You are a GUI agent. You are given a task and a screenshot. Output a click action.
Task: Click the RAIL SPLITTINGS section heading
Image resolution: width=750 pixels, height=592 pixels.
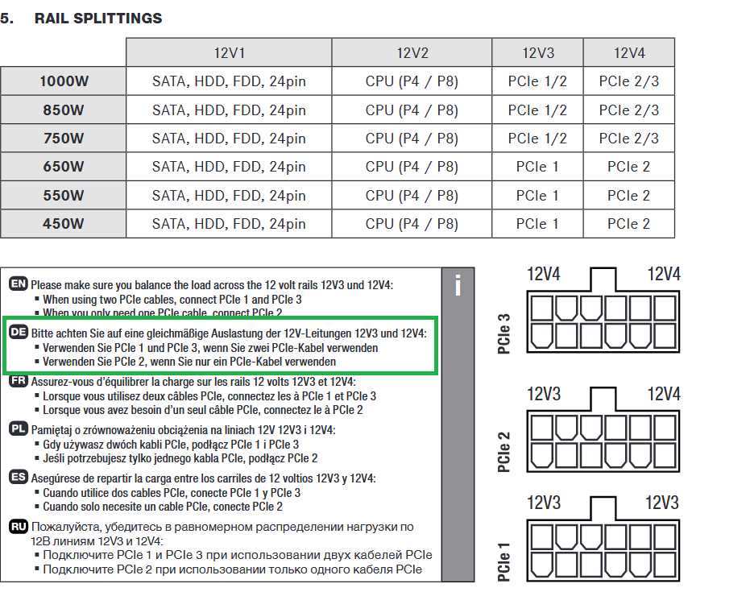point(97,18)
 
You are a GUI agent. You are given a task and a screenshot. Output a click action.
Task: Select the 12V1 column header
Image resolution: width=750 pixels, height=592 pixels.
point(229,53)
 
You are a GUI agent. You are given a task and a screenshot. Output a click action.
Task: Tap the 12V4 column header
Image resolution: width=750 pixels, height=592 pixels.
point(628,53)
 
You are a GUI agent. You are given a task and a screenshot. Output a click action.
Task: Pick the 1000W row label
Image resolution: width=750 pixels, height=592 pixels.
point(63,81)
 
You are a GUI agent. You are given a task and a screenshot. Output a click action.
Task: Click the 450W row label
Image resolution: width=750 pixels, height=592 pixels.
point(63,224)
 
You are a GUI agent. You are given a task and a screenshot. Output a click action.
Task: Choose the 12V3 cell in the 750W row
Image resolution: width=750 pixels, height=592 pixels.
point(537,139)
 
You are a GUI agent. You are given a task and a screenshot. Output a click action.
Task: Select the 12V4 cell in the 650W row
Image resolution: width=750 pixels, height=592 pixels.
point(628,167)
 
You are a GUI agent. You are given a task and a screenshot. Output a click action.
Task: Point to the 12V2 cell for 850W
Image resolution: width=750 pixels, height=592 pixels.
point(412,110)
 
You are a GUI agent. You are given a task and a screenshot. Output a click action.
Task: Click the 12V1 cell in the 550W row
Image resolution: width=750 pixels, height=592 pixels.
point(229,196)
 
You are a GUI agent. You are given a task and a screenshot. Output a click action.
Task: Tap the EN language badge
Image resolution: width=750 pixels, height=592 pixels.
point(19,284)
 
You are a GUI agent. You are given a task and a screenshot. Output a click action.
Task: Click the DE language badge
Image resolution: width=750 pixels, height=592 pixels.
point(19,332)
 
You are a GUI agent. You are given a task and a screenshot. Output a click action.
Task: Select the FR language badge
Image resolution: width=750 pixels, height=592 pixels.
point(19,381)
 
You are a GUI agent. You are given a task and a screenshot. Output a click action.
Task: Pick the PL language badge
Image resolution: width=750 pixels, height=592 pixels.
point(19,429)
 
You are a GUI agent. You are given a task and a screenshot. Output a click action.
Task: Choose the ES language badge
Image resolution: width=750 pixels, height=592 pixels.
point(19,478)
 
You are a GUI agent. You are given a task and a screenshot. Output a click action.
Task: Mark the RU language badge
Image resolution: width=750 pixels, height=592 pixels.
point(19,526)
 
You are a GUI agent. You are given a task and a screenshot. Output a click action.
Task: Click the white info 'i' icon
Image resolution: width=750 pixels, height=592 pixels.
point(458,285)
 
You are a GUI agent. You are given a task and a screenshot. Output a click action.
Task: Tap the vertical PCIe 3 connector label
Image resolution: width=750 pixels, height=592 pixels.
point(504,333)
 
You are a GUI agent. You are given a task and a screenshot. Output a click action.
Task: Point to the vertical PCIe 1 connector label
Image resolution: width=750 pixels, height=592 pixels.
point(504,562)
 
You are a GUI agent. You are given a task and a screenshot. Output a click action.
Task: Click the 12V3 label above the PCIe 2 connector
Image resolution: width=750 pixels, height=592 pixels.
point(544,394)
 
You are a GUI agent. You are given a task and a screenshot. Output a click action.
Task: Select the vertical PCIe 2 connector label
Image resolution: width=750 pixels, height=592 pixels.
point(504,452)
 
